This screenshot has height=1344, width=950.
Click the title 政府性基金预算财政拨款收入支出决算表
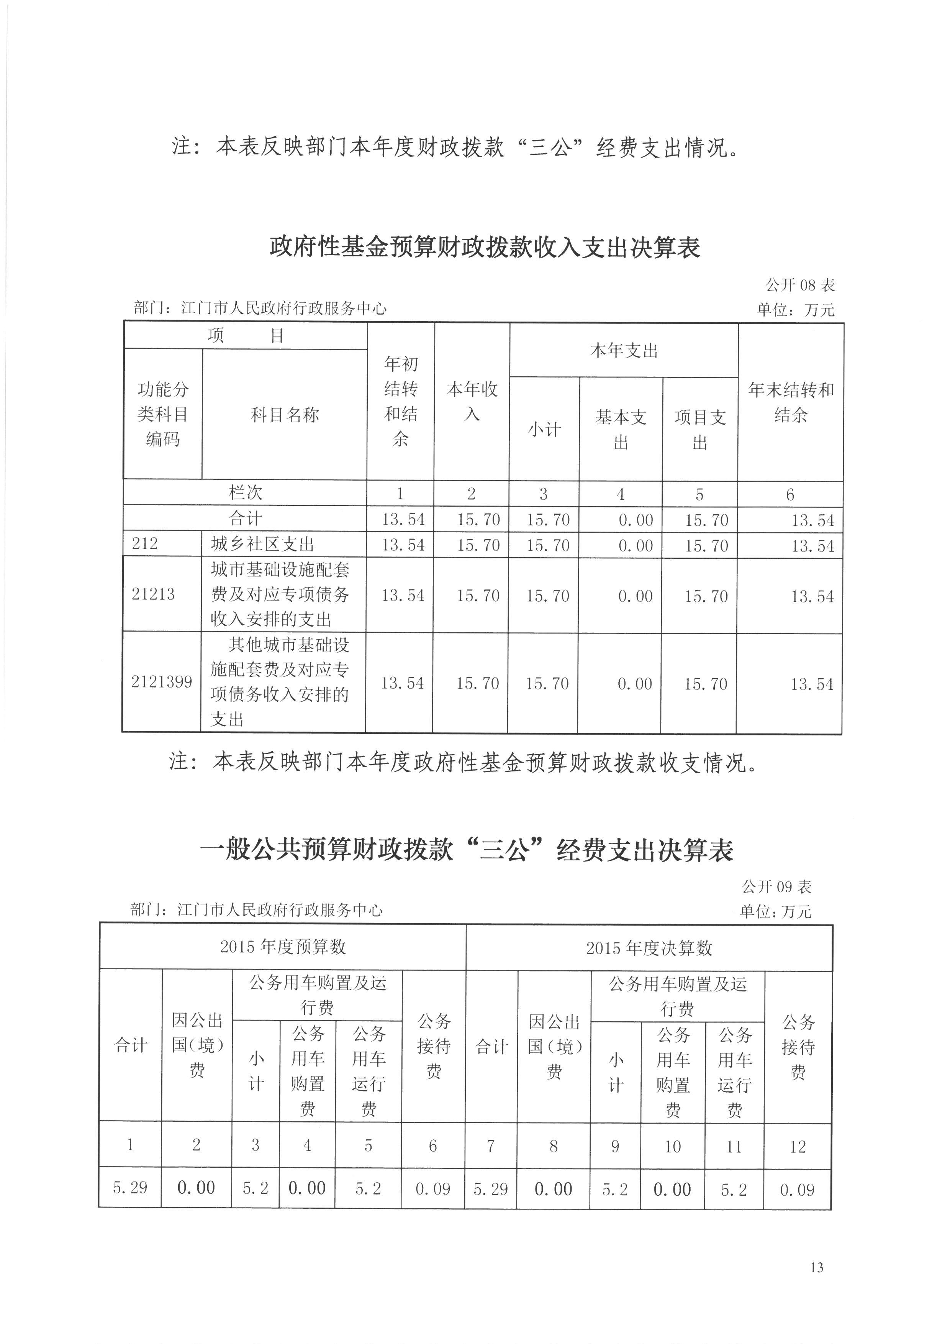tap(485, 248)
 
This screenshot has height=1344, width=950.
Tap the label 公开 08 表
tap(800, 285)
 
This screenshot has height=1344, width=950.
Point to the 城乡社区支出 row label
tap(263, 545)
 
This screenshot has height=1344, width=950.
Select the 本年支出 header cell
tap(624, 351)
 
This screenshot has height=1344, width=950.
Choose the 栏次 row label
tap(245, 493)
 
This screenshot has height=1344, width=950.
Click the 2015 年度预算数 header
tap(283, 947)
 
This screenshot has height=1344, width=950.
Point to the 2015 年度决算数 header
tap(649, 948)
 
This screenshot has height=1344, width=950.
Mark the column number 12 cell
tap(798, 1146)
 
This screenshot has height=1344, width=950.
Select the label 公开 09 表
tap(776, 887)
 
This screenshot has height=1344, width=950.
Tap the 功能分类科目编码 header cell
tap(163, 414)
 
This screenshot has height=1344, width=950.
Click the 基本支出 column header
tap(621, 429)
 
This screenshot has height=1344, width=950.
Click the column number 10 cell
tap(673, 1146)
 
